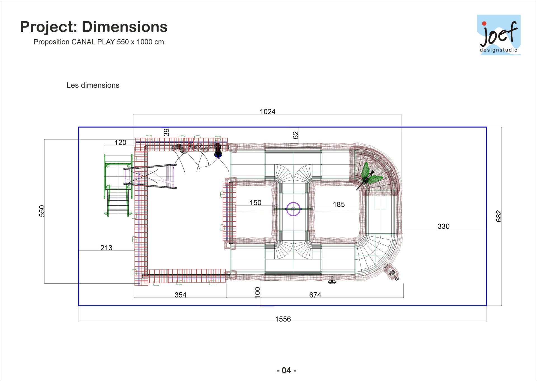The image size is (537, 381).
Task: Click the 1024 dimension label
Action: [x=268, y=112]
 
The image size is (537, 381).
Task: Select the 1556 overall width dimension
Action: [x=283, y=319]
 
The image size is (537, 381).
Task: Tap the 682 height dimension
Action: [x=499, y=216]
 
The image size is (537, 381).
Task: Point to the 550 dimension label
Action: [x=42, y=211]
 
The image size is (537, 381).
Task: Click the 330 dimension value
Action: [x=443, y=226]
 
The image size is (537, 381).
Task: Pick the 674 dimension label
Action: [x=315, y=295]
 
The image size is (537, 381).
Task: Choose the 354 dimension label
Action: [x=180, y=295]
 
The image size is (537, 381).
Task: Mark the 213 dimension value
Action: [x=106, y=248]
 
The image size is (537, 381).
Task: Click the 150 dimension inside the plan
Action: [x=255, y=203]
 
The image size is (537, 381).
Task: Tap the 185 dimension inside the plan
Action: [x=339, y=204]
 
